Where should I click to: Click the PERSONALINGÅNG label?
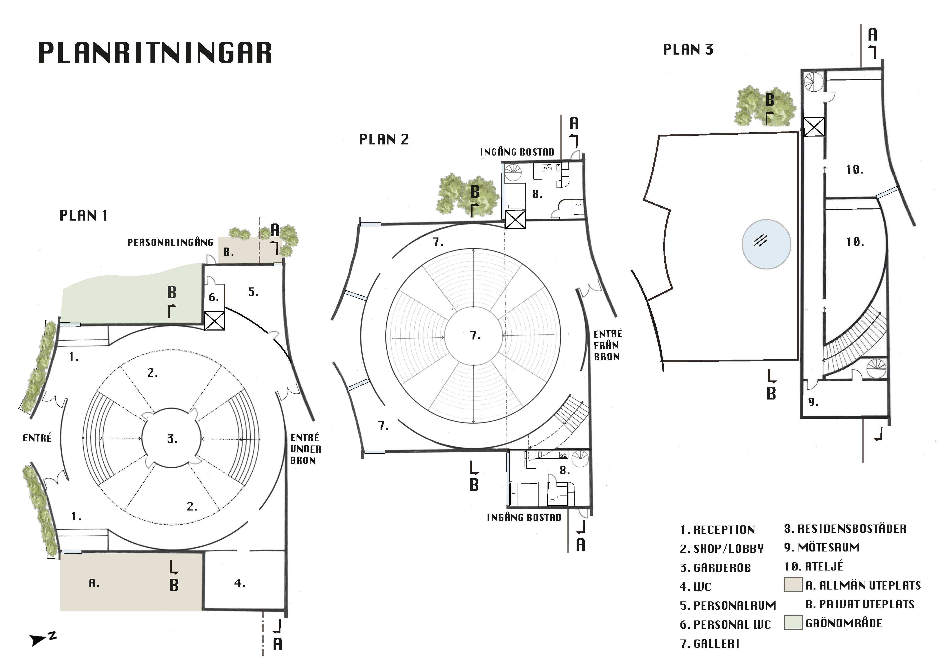pyautogui.click(x=170, y=243)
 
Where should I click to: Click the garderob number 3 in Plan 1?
pyautogui.click(x=172, y=439)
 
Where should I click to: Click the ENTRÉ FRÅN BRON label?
pyautogui.click(x=607, y=345)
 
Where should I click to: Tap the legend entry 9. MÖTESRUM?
pyautogui.click(x=822, y=548)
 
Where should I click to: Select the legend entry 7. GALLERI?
pyautogui.click(x=709, y=644)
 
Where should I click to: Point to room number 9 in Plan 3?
pyautogui.click(x=813, y=402)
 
